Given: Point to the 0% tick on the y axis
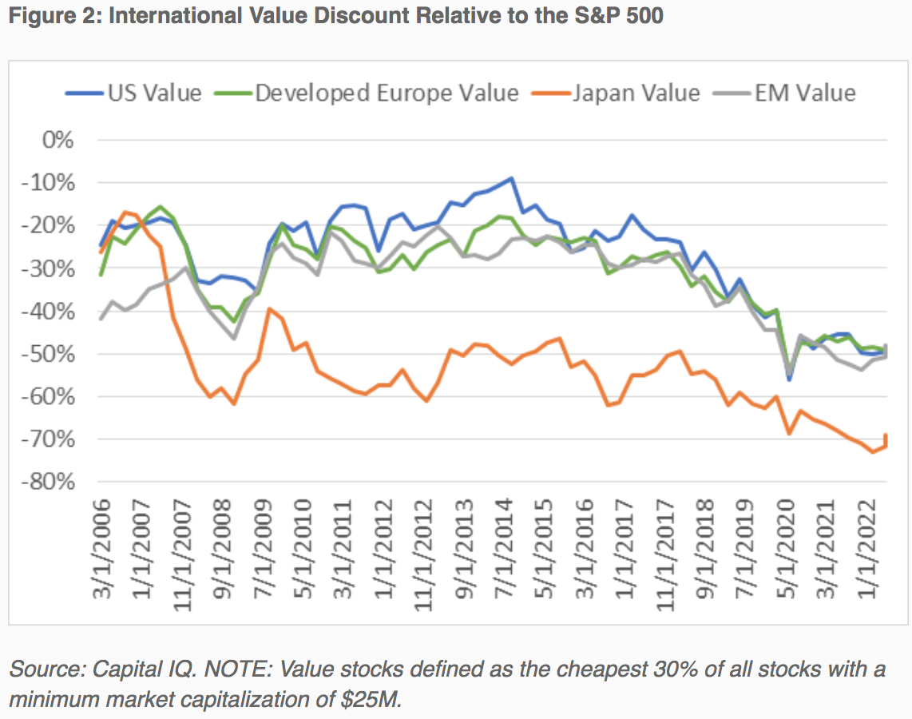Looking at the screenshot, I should point(57,141).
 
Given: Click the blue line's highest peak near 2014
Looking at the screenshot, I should point(511,179).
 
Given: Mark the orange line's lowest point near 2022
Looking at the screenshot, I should point(872,452).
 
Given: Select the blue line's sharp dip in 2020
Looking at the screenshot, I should point(790,379).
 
